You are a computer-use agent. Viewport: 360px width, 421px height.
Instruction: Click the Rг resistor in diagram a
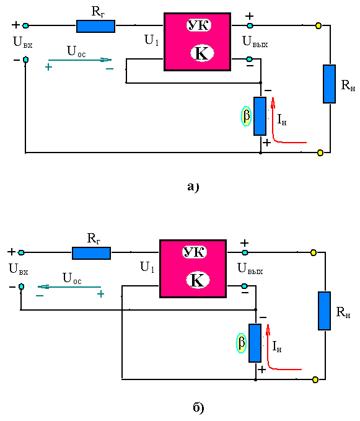click(96, 26)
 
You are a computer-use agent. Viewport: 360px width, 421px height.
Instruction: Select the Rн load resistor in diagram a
click(329, 84)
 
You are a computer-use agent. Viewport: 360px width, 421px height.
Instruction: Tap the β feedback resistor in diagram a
click(260, 117)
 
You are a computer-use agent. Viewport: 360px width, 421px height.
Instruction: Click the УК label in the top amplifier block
click(199, 25)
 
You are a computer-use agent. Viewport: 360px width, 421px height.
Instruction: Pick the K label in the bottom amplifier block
click(198, 280)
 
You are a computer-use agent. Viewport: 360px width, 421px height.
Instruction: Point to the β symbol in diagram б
click(242, 343)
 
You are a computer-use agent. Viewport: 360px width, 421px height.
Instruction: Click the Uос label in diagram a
click(76, 51)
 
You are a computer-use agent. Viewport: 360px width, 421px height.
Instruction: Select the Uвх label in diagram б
click(18, 268)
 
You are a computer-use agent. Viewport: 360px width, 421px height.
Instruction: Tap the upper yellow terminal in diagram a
click(318, 26)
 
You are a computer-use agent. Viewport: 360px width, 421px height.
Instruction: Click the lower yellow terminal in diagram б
click(315, 379)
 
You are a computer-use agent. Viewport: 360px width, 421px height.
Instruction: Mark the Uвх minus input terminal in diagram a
click(25, 60)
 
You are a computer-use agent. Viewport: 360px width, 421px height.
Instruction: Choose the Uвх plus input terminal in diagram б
click(21, 252)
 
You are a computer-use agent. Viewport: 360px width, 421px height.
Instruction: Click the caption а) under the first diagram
click(193, 187)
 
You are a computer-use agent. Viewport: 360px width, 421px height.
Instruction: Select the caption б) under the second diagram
click(198, 408)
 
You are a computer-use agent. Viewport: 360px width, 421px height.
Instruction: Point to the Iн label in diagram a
click(282, 120)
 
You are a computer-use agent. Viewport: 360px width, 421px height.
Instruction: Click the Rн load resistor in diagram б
click(324, 311)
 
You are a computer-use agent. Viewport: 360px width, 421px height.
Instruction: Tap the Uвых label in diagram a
click(255, 42)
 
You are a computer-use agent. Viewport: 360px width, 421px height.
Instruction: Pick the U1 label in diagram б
click(147, 267)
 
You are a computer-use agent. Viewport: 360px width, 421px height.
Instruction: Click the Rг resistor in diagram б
click(92, 253)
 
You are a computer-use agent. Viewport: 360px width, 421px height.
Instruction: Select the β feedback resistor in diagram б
click(255, 343)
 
